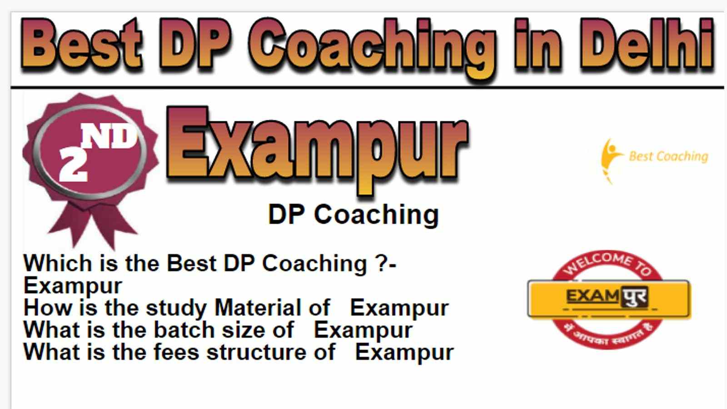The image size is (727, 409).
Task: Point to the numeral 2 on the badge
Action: [73, 164]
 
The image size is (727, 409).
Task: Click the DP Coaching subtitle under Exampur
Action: [354, 215]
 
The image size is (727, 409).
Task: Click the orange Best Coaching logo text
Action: [668, 156]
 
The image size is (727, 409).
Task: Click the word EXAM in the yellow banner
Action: [593, 296]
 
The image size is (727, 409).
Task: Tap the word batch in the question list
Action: [184, 330]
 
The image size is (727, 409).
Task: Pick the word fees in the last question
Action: [176, 352]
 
